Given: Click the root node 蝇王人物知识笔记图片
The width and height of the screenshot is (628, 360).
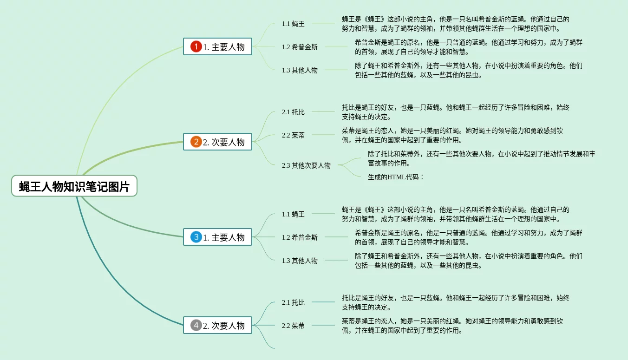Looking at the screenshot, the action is [74, 186].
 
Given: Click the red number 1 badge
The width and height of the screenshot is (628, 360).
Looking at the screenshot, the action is [196, 46].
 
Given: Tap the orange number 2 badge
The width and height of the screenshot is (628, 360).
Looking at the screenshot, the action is [196, 142].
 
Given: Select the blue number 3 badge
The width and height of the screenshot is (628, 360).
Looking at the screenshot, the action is [196, 237].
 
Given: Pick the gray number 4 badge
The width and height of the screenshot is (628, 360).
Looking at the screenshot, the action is [196, 325].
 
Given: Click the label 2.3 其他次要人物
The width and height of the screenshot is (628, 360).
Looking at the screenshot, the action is [306, 165].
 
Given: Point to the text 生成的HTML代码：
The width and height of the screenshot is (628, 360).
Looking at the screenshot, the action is [396, 177].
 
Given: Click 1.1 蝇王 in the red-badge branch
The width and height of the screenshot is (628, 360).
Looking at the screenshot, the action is [293, 24].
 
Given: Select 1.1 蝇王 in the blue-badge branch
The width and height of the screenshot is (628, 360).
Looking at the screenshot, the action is [293, 214].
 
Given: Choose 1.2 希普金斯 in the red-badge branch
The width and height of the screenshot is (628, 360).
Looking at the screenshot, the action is [300, 47].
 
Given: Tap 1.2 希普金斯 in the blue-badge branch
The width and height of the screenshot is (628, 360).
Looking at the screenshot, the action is [300, 237].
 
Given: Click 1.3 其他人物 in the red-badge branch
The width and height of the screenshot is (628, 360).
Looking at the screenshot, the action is [300, 70].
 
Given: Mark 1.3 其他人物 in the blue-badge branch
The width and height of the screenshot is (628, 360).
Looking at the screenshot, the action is [300, 261].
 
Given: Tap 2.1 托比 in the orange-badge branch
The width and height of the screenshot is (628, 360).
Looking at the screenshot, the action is [293, 112].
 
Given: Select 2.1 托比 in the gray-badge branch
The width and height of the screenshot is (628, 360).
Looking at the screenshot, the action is [293, 302].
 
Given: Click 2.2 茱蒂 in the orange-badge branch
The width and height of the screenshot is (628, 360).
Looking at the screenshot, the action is [293, 135].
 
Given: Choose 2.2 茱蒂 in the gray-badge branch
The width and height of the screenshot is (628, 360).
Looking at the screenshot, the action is [293, 326].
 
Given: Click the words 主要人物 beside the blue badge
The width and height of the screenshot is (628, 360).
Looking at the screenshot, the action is [228, 237].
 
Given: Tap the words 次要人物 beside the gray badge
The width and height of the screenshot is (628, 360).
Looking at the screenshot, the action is [228, 326].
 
